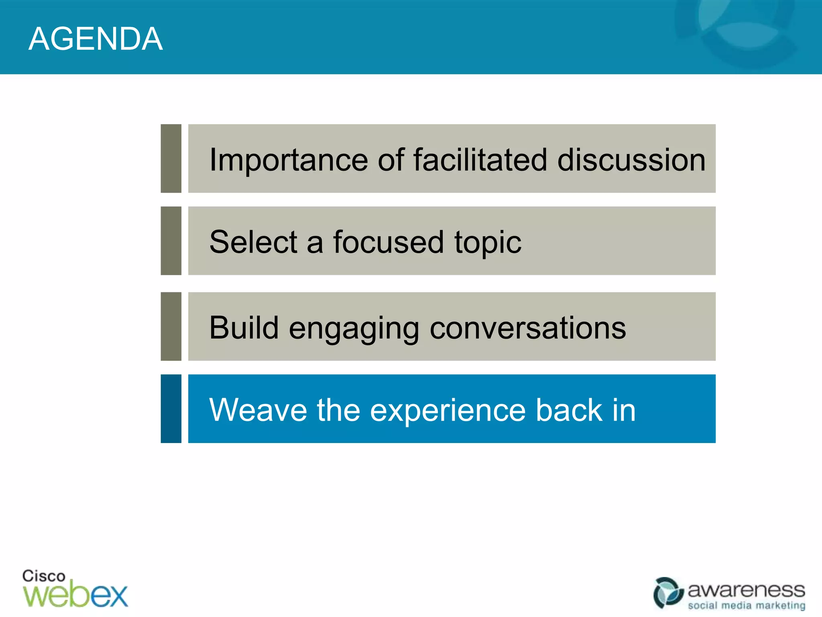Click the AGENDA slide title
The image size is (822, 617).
pos(96,39)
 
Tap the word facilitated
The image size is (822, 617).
pos(480,159)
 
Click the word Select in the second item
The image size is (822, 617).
pos(253,242)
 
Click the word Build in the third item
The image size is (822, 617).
pos(244,327)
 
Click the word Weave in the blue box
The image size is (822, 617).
pos(258,410)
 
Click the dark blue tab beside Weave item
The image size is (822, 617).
pos(171,409)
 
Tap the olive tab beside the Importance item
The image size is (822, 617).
pos(171,158)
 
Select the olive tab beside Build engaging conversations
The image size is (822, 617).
pos(171,326)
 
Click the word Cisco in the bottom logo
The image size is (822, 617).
pos(43,576)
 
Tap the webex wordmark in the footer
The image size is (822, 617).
pos(75,595)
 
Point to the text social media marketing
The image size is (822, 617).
pos(746,605)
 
